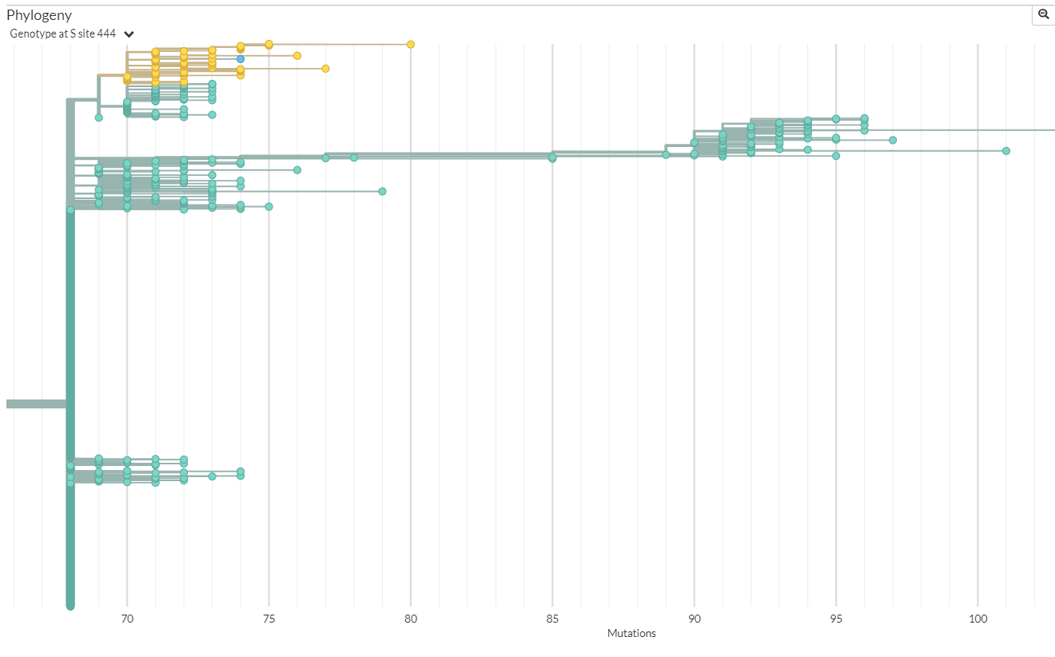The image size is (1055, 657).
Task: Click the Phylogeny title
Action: [x=39, y=15]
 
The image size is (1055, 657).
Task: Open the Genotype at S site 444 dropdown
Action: [x=129, y=34]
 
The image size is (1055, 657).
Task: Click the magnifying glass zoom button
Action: [x=1043, y=14]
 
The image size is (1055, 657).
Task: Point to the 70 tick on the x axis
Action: [x=127, y=619]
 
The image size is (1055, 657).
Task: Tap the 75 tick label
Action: [x=269, y=619]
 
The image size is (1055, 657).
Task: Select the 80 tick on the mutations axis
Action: [x=411, y=619]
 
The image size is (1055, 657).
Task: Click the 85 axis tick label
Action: [x=552, y=619]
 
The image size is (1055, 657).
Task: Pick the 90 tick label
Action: [x=694, y=619]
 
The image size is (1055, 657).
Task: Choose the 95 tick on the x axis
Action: [x=836, y=619]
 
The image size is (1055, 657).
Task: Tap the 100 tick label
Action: [x=977, y=619]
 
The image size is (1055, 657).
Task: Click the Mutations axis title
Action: [x=631, y=634]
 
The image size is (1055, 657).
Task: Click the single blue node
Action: [x=241, y=59]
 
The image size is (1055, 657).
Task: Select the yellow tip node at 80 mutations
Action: [x=411, y=45]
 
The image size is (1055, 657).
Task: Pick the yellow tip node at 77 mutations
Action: [x=325, y=69]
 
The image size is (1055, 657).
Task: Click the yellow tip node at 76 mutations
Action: [x=297, y=56]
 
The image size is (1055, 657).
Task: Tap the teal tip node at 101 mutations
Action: [x=1006, y=151]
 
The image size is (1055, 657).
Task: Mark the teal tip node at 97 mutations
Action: [x=893, y=141]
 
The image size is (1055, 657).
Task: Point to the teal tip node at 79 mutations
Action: [x=382, y=191]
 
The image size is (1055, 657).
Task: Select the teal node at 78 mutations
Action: [x=354, y=157]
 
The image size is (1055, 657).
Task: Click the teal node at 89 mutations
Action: [x=666, y=155]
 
